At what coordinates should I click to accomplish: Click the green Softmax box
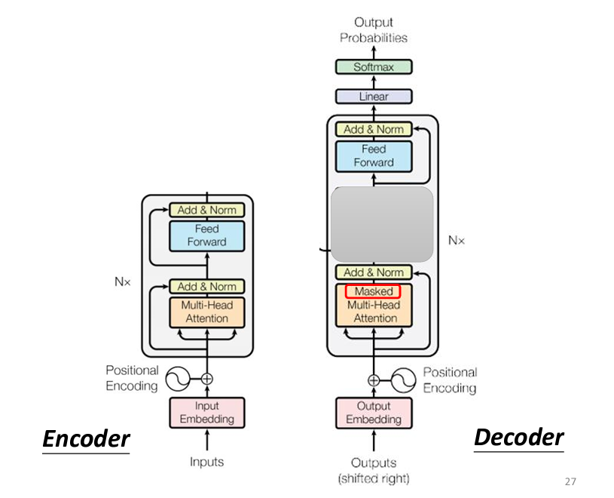coord(374,67)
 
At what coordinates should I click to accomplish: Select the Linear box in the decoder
coord(374,96)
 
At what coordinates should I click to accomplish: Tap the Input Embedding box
coord(207,412)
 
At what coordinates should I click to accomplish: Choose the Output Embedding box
coord(374,412)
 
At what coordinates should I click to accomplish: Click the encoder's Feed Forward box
coord(207,235)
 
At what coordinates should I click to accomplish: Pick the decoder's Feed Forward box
coord(374,155)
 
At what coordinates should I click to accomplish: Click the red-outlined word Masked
coord(373,291)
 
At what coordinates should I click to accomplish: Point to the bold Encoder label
coord(86,438)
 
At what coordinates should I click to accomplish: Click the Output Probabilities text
coord(374,30)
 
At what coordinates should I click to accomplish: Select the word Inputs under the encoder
coord(206,462)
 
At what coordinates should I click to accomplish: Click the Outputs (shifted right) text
coord(374,469)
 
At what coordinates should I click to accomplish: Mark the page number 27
coord(570,481)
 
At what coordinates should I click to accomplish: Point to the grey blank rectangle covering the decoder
coord(382,224)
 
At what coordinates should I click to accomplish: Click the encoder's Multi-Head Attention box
coord(207,312)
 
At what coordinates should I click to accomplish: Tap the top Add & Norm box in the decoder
coord(374,129)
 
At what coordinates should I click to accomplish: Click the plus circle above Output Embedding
coord(374,380)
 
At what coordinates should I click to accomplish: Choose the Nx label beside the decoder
coord(457,241)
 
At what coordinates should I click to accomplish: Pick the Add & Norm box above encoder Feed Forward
coord(207,210)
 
